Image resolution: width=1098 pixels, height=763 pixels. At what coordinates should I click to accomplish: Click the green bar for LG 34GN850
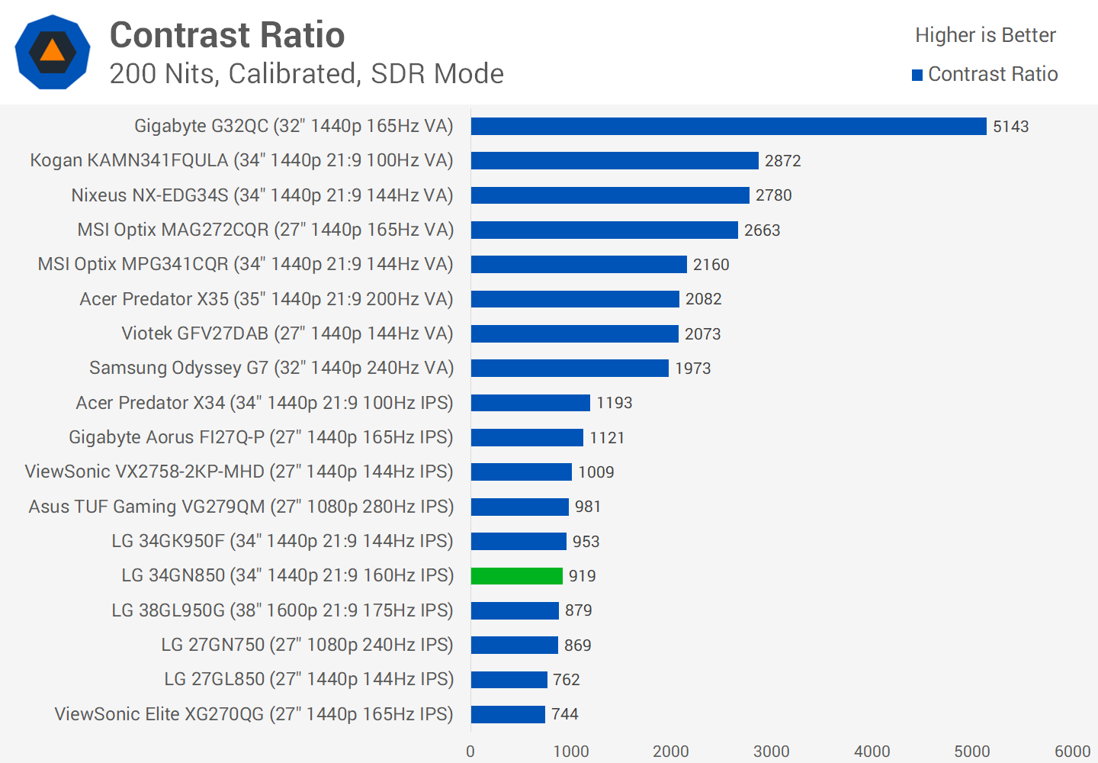[516, 576]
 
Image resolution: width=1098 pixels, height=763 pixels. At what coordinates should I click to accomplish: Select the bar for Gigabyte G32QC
[728, 127]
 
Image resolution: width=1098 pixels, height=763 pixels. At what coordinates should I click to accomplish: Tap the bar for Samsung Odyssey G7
[570, 369]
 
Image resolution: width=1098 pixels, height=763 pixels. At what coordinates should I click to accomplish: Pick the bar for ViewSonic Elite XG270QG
[508, 714]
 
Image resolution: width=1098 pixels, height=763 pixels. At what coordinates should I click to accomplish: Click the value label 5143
[1010, 127]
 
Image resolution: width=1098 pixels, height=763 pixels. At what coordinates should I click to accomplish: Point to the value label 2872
[782, 161]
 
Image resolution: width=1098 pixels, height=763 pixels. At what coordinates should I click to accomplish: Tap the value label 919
[582, 576]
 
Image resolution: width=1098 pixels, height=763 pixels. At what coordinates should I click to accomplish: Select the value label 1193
[614, 403]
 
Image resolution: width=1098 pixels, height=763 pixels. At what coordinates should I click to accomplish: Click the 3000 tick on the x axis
[771, 752]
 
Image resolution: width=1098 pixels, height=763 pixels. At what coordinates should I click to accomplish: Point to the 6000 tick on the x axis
[1072, 752]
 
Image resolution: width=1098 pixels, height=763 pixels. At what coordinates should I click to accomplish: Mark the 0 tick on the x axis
[470, 752]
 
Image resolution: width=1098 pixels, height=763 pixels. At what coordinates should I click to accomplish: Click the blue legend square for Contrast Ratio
[917, 75]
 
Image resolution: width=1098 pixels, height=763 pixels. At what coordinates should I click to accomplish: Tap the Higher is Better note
[985, 35]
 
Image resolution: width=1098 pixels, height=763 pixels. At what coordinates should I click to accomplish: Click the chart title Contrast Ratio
[227, 35]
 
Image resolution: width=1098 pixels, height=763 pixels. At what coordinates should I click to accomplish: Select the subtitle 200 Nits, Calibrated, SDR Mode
[307, 74]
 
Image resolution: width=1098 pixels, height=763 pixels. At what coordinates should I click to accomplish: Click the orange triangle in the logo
[52, 51]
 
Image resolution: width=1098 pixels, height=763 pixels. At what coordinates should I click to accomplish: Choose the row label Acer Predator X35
[266, 299]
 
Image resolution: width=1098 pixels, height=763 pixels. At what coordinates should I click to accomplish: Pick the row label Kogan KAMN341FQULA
[242, 161]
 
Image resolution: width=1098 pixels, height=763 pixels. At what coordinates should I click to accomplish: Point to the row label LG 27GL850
[309, 679]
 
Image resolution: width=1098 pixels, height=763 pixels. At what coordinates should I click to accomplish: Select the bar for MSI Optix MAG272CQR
[604, 230]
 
